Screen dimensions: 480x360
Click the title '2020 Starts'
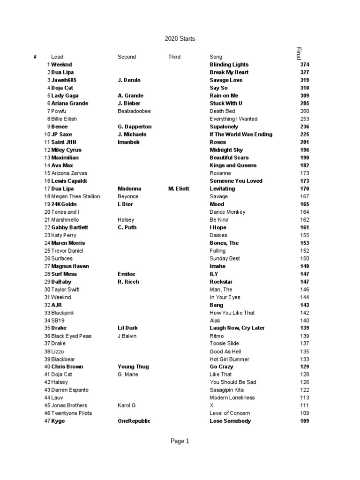180,39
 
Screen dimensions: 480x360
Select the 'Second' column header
127,57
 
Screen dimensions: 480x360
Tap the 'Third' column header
174,57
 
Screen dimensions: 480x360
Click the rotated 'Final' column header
299,53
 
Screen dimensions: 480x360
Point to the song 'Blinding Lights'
229,65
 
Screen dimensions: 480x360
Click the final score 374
305,65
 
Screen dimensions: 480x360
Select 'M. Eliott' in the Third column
179,188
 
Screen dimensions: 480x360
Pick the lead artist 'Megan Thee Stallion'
75,196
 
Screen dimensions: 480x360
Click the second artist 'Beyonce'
128,196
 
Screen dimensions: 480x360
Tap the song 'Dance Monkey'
227,212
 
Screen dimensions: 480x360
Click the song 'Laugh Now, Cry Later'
237,328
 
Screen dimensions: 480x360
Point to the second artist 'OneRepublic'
134,421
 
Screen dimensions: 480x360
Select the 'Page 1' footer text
180,441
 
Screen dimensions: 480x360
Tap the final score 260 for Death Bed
305,111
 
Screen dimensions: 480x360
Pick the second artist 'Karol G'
127,405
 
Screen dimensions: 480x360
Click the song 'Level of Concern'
230,413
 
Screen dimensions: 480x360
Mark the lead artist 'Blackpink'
63,313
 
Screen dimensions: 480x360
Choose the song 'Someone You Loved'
236,181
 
